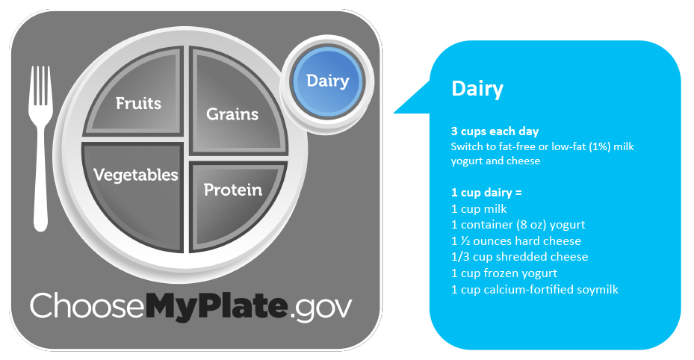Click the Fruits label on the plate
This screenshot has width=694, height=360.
pyautogui.click(x=138, y=104)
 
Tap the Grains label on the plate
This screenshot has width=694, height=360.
pyautogui.click(x=232, y=114)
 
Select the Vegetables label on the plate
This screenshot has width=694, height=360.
pyautogui.click(x=135, y=175)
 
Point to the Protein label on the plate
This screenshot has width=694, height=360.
pyautogui.click(x=233, y=190)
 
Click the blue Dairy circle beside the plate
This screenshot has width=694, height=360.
pyautogui.click(x=328, y=81)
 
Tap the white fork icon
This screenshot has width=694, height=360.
pyautogui.click(x=41, y=148)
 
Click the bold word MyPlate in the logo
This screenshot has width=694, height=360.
pyautogui.click(x=217, y=306)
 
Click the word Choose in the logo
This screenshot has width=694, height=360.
pyautogui.click(x=87, y=305)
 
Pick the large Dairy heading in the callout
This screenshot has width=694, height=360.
pyautogui.click(x=477, y=88)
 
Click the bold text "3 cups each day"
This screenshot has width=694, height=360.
pyautogui.click(x=495, y=131)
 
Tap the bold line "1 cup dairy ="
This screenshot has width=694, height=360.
pyautogui.click(x=486, y=193)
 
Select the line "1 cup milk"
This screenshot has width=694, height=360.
pyautogui.click(x=479, y=208)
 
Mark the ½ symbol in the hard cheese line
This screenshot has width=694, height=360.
pyautogui.click(x=465, y=241)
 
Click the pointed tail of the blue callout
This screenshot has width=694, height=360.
pyautogui.click(x=395, y=112)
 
